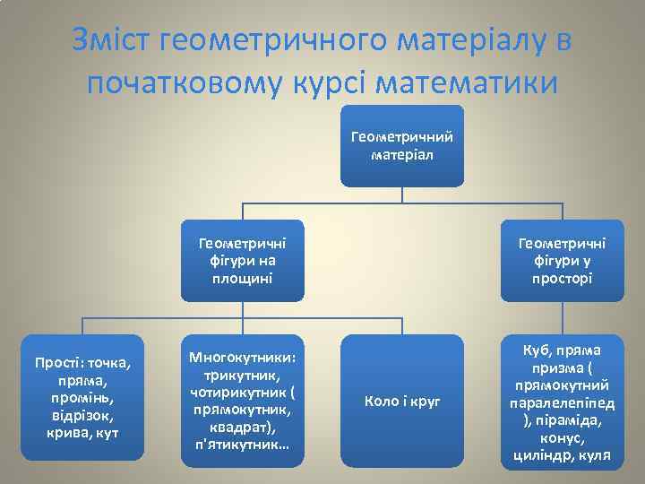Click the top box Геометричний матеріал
pos(402,146)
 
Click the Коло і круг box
pos(402,401)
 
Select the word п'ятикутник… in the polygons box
pos(244,444)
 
